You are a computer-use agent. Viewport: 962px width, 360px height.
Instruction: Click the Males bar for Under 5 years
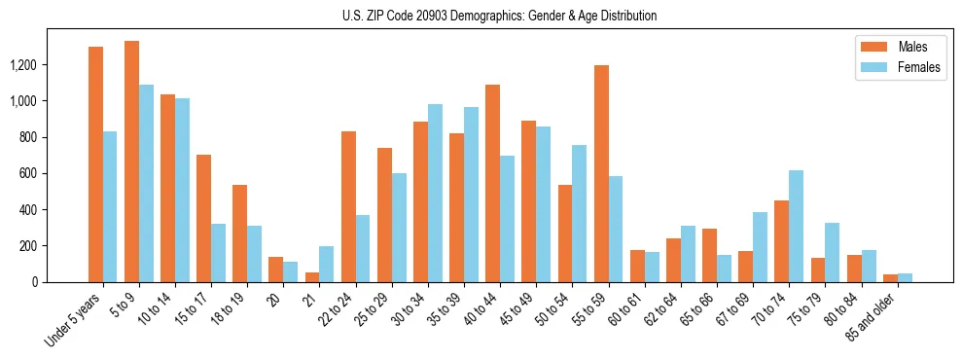[95, 164]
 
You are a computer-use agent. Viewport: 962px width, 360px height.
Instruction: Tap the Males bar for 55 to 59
[601, 174]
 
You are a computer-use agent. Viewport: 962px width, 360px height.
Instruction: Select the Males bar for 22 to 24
[348, 206]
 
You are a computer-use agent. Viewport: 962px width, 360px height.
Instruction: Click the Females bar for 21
[327, 264]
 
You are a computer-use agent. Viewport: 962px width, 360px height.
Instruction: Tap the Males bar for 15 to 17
[203, 218]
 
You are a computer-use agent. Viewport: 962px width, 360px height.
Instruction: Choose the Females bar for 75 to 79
[832, 252]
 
